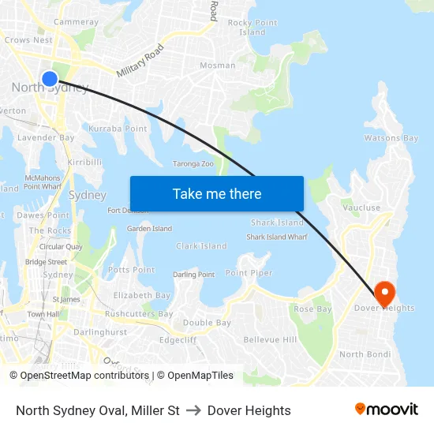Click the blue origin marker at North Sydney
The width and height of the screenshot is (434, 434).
coord(49,78)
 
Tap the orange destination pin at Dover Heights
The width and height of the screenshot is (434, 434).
coord(384,293)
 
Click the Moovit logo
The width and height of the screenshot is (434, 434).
coord(386,410)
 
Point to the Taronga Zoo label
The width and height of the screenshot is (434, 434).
coord(193,164)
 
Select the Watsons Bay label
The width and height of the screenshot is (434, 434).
coord(391,138)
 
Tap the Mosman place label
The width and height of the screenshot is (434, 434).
coord(217,65)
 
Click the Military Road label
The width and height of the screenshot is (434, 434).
coord(140,60)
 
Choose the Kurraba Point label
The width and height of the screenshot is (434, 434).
coord(118,129)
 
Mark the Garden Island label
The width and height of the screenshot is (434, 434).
coord(149,229)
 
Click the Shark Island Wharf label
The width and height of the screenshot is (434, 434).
coord(276,237)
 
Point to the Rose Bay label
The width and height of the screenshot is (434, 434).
coord(312,309)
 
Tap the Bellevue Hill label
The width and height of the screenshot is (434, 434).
coord(270,339)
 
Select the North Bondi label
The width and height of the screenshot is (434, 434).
coord(365,354)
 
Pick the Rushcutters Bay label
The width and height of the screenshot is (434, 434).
coord(139,314)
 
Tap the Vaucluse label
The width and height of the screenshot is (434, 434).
coord(361,208)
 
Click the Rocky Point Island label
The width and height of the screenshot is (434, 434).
coord(253,28)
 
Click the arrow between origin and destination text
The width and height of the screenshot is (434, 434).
coord(193,410)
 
